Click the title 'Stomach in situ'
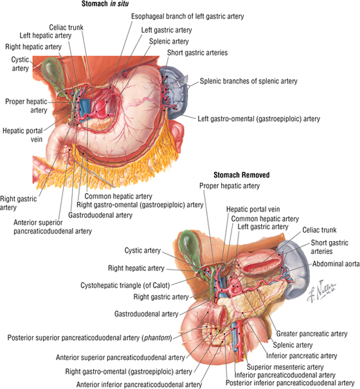[105, 3]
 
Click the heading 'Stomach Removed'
[242, 175]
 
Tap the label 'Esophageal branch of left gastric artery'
[188, 17]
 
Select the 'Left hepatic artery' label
[46, 35]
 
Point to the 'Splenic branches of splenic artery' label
[249, 81]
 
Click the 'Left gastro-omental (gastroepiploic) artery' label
[259, 119]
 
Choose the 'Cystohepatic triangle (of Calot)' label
[125, 285]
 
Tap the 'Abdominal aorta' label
[336, 264]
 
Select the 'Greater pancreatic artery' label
[312, 334]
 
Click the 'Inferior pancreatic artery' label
[301, 356]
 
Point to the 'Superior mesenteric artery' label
[285, 367]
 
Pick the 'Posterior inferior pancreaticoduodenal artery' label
[290, 383]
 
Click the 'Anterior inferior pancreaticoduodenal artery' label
[139, 384]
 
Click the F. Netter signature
[321, 292]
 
